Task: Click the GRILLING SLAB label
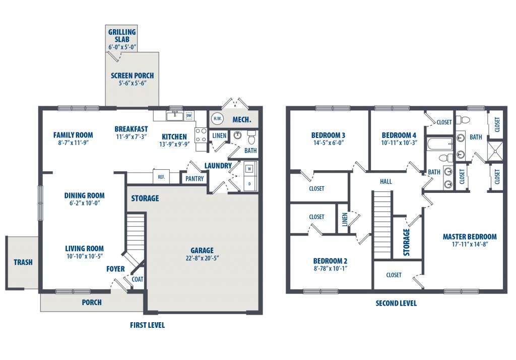(x=122, y=36)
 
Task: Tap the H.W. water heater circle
(x=217, y=119)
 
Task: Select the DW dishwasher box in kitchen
(x=189, y=116)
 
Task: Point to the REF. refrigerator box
(x=161, y=177)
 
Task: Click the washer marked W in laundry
(x=249, y=169)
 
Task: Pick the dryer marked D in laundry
(x=249, y=183)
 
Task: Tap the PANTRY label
(x=195, y=179)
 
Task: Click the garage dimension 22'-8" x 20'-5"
(x=202, y=258)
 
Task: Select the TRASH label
(x=23, y=262)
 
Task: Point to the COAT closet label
(x=137, y=279)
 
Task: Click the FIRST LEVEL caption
(x=147, y=325)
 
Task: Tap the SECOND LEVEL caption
(x=396, y=303)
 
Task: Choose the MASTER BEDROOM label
(x=470, y=237)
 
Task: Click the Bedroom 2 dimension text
(x=330, y=268)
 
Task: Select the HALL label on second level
(x=386, y=181)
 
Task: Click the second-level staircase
(x=382, y=225)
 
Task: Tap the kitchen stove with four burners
(x=201, y=135)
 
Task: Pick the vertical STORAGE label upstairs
(x=407, y=242)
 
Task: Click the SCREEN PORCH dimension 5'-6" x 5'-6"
(x=133, y=83)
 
